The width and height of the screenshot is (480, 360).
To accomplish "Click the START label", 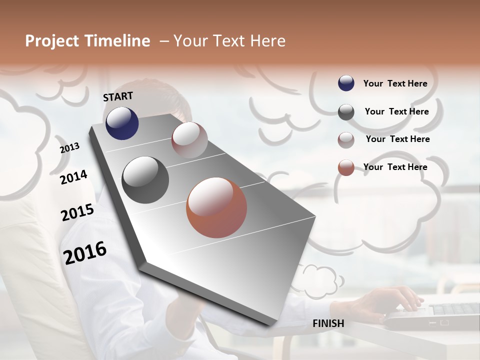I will (x=118, y=96).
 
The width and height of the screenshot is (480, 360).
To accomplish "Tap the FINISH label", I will (x=328, y=323).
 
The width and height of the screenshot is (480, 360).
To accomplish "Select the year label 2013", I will (x=70, y=147).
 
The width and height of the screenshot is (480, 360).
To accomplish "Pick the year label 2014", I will (x=73, y=177).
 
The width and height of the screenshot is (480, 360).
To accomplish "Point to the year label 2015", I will (x=77, y=212).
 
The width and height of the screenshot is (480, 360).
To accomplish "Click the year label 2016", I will (x=85, y=253).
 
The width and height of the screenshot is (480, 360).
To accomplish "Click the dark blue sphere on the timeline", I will (x=122, y=123).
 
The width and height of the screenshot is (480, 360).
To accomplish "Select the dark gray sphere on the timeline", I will (x=145, y=180).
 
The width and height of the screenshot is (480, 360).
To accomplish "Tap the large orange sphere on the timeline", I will (x=216, y=207).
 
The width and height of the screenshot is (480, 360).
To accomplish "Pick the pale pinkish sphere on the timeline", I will (x=189, y=139).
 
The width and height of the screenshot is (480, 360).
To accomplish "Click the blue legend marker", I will (x=346, y=83).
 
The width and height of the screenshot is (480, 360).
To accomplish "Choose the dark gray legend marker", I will (x=346, y=112).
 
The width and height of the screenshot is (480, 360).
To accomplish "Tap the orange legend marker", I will (x=346, y=167).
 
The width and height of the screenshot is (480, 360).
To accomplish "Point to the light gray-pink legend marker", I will (x=346, y=140).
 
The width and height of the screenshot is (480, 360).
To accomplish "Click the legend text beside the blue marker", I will (x=395, y=83).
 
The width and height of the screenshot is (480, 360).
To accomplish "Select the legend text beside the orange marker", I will (x=395, y=167).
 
